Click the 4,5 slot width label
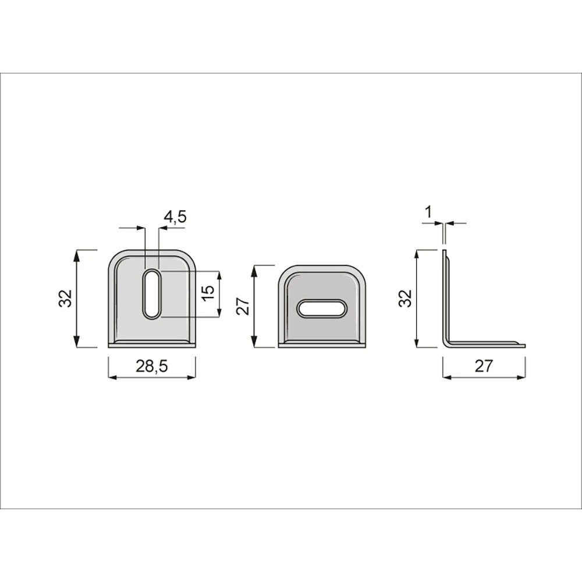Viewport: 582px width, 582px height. tap(175, 217)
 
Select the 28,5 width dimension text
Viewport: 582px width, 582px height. tap(151, 366)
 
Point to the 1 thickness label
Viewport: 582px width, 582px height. tap(429, 212)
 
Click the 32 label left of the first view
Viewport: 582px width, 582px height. tap(65, 299)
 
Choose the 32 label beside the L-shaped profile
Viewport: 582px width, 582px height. tap(406, 299)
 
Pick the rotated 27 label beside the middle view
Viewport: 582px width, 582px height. tap(243, 307)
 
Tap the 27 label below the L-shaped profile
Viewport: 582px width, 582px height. tap(484, 366)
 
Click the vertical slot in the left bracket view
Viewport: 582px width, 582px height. tap(152, 293)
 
